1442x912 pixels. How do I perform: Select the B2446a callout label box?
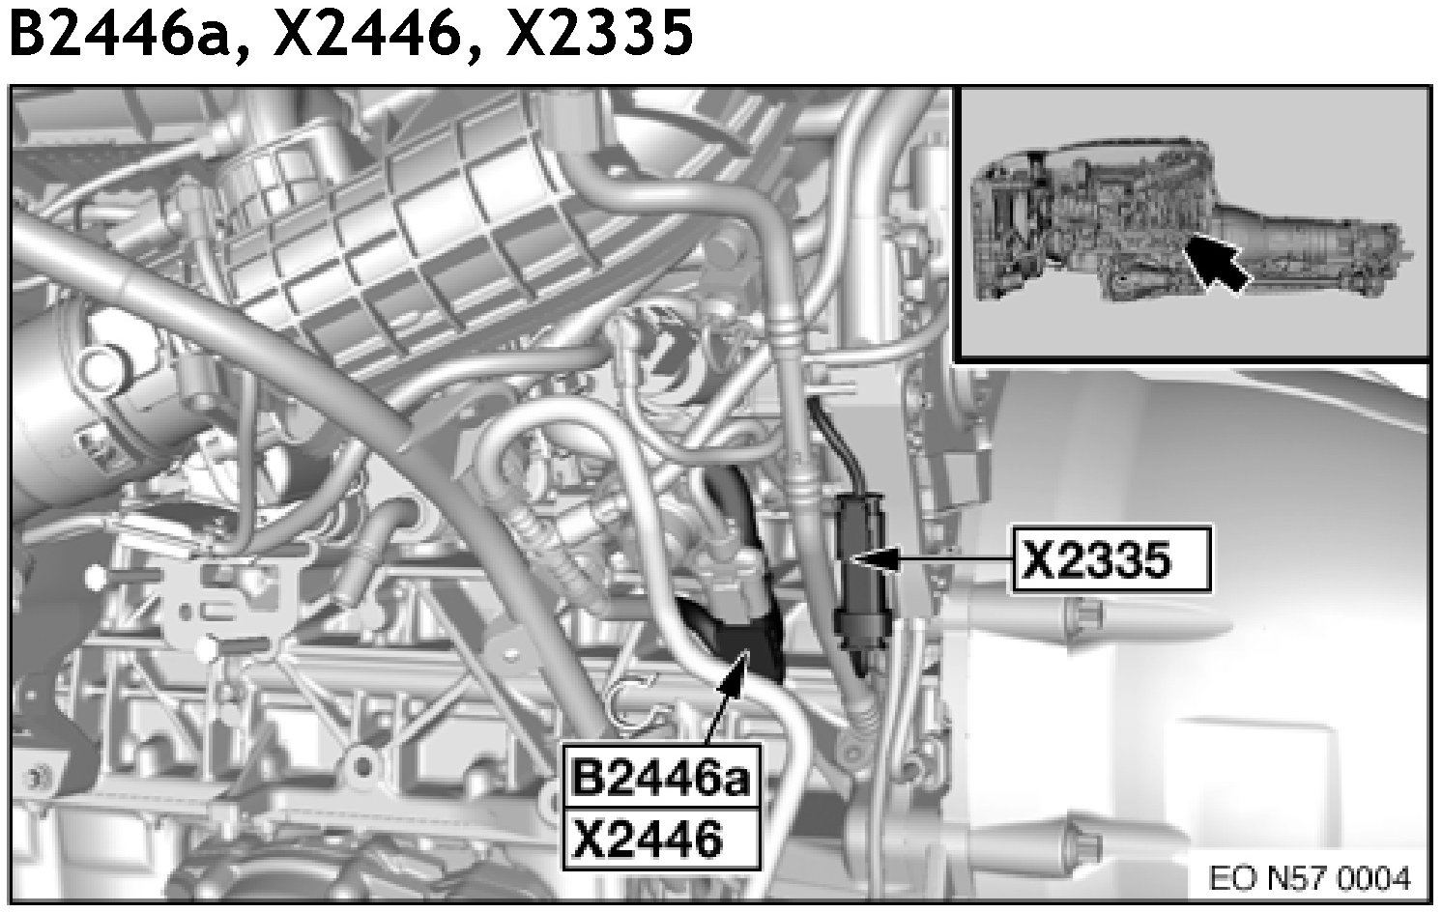pyautogui.click(x=661, y=778)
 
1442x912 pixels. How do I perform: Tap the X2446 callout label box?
pyautogui.click(x=661, y=840)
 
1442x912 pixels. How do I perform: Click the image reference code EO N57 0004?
pyautogui.click(x=1310, y=878)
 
